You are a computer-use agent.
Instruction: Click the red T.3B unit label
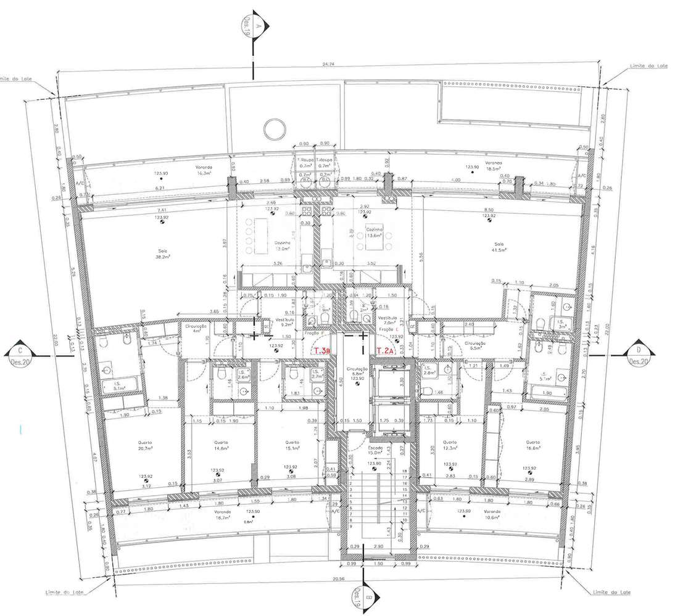tap(322, 351)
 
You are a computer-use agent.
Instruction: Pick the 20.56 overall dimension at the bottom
tap(336, 580)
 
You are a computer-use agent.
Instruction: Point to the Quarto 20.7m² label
tap(146, 446)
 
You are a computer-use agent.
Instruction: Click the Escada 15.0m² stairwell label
tap(375, 451)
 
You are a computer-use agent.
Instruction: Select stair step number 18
tap(404, 470)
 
